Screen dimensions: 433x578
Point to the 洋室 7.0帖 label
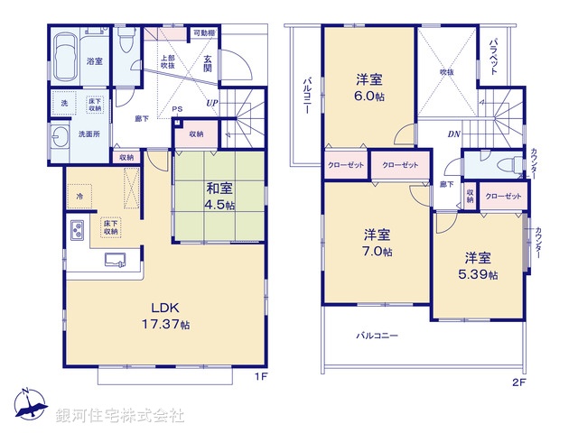(x=373, y=243)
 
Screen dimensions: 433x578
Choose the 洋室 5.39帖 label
(x=481, y=265)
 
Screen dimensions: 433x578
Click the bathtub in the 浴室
(x=65, y=49)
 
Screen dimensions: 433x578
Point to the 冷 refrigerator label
(x=79, y=197)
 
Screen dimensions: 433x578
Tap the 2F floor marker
(x=518, y=381)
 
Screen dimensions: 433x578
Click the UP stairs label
(x=212, y=102)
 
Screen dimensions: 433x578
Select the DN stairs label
(x=453, y=136)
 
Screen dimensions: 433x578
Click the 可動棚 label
(x=203, y=33)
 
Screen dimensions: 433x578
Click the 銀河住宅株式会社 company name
(x=120, y=416)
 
